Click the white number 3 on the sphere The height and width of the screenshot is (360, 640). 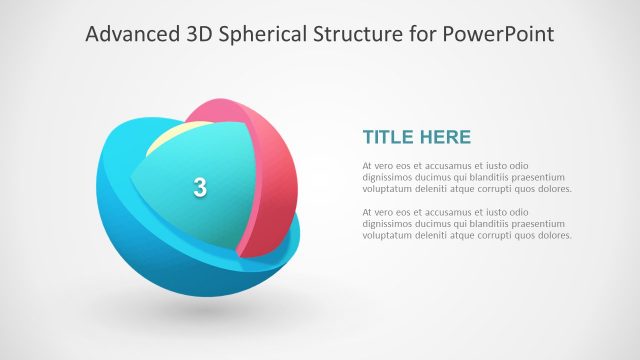[200, 187]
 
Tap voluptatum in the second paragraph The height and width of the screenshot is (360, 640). [390, 237]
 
